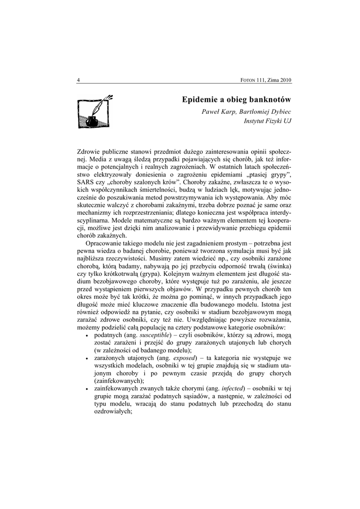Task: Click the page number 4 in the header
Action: click(x=79, y=80)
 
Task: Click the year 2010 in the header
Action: click(x=283, y=80)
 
